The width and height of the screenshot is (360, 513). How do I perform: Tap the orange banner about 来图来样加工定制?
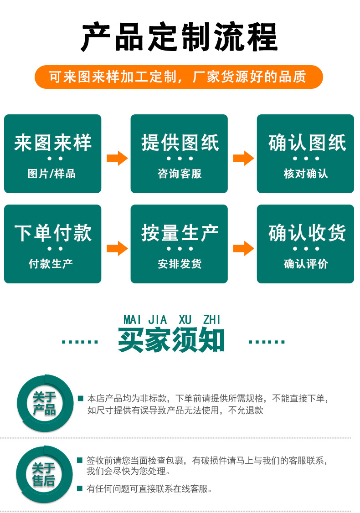click(x=179, y=77)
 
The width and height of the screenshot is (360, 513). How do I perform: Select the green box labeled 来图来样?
click(x=53, y=154)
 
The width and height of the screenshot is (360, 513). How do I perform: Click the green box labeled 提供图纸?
click(x=179, y=154)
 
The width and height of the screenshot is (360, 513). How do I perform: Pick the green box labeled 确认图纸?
click(x=305, y=154)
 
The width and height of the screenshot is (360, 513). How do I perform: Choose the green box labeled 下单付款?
click(x=53, y=244)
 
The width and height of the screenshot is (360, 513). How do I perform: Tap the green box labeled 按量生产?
click(x=179, y=244)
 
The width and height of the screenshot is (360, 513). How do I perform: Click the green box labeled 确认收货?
click(x=305, y=244)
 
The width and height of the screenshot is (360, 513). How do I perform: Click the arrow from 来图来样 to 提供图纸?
click(x=117, y=158)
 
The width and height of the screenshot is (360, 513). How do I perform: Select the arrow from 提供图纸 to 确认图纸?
click(x=243, y=158)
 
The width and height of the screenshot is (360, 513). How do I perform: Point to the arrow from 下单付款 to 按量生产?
click(x=117, y=248)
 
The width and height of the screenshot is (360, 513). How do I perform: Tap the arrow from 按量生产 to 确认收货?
click(x=243, y=248)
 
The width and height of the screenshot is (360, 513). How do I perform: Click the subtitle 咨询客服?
click(x=180, y=174)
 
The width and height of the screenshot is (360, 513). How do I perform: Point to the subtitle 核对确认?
click(x=306, y=174)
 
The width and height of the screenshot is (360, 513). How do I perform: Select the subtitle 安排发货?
click(x=180, y=264)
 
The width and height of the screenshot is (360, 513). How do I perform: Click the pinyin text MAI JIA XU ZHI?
click(x=172, y=320)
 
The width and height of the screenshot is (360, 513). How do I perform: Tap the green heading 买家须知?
click(x=172, y=340)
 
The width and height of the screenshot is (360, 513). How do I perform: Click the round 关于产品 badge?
click(x=44, y=403)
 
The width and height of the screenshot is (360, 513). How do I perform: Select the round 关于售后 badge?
click(x=44, y=474)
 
